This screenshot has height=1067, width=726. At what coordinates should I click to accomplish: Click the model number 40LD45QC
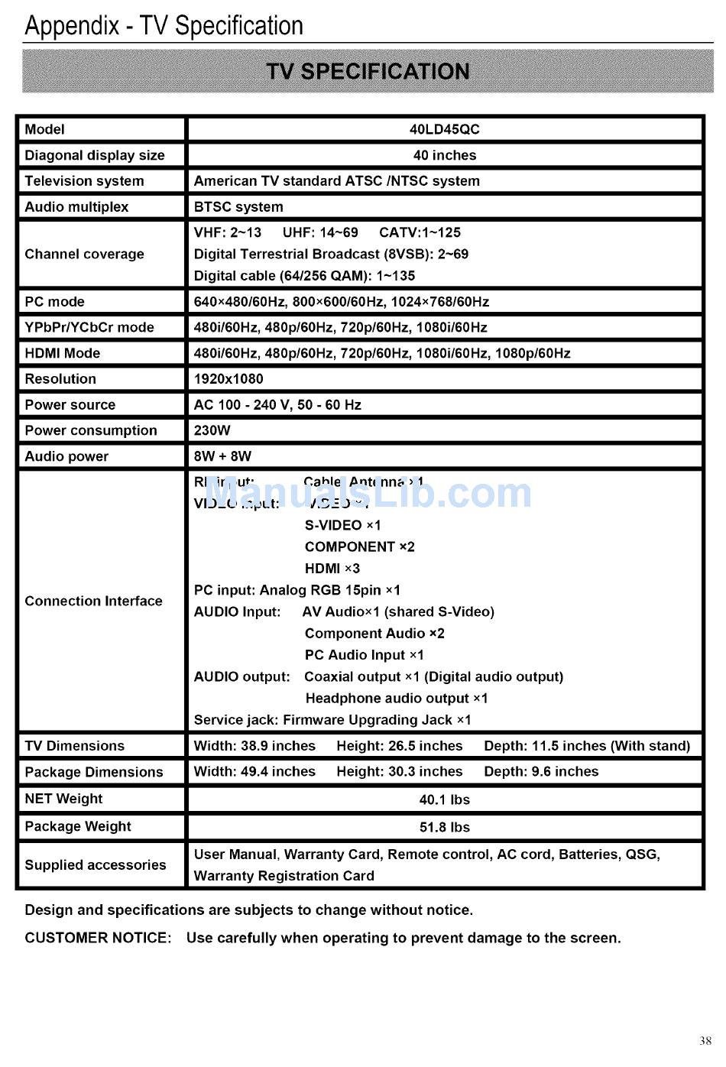tap(444, 129)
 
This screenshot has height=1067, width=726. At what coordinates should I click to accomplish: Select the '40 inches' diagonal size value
tap(444, 155)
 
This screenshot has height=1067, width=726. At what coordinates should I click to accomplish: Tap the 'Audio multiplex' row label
tap(76, 206)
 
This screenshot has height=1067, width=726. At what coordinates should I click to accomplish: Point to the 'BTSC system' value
tap(238, 206)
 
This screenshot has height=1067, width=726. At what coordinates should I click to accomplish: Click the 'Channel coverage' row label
tap(84, 254)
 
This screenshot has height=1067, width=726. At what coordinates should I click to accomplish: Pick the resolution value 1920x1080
tap(228, 378)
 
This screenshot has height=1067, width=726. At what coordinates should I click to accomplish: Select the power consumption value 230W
tap(212, 430)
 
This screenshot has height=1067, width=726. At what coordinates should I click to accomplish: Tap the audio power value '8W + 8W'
tap(222, 456)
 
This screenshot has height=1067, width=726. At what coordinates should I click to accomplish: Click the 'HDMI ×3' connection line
tap(332, 568)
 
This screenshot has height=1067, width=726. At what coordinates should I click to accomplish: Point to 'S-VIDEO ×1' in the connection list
tap(342, 525)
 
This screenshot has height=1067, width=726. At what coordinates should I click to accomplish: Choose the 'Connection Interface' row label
tap(93, 601)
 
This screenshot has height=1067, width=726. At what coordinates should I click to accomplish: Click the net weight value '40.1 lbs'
tap(444, 799)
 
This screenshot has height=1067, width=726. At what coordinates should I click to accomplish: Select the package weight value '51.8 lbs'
tap(444, 827)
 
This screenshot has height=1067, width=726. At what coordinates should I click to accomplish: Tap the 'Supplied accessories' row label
tap(95, 864)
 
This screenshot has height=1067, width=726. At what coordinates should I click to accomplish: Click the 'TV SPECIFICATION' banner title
tap(368, 71)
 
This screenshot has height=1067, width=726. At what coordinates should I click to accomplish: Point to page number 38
tap(705, 1040)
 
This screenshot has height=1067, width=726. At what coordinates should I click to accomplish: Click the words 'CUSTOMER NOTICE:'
tap(98, 938)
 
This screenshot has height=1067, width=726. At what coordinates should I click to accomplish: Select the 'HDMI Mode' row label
tap(62, 353)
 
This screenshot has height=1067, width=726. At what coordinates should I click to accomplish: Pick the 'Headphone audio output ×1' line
tap(396, 698)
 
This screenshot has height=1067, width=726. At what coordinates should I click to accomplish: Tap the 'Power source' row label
tap(70, 404)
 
